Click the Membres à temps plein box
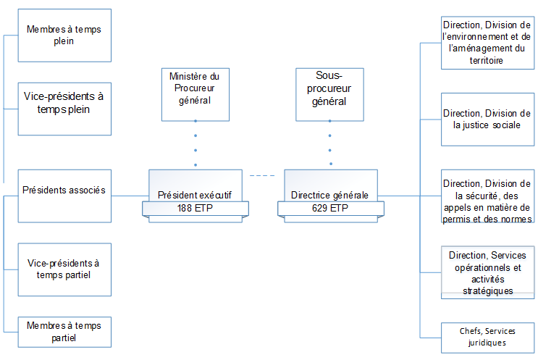click(65, 35)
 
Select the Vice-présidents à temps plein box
click(65, 108)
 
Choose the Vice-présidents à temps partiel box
click(65, 269)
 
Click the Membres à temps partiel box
click(65, 331)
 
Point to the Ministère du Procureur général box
click(195, 88)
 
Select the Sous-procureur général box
click(330, 88)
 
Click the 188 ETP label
click(195, 208)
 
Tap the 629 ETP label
click(329, 208)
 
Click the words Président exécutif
click(195, 195)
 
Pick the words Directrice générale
click(329, 195)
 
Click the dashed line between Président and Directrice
click(263, 175)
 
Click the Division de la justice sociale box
click(487, 119)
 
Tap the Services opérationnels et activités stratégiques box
click(487, 272)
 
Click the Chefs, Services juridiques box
click(487, 337)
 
